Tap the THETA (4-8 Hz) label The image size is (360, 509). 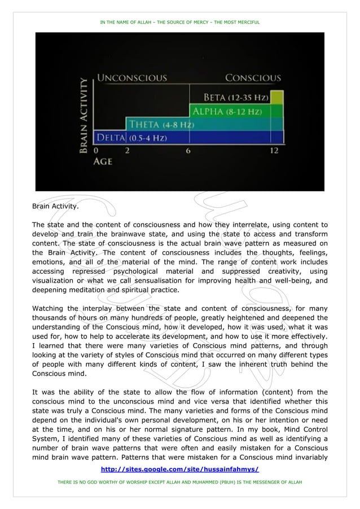[x=162, y=124]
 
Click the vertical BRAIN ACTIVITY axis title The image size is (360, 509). [x=82, y=116]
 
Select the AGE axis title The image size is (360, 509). [x=103, y=161]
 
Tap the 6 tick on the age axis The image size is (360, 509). [x=188, y=151]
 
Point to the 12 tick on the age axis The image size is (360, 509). [x=274, y=151]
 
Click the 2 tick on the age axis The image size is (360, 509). [x=126, y=151]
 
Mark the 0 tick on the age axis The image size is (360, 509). [x=95, y=151]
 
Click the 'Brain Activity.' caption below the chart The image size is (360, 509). [x=55, y=207]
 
